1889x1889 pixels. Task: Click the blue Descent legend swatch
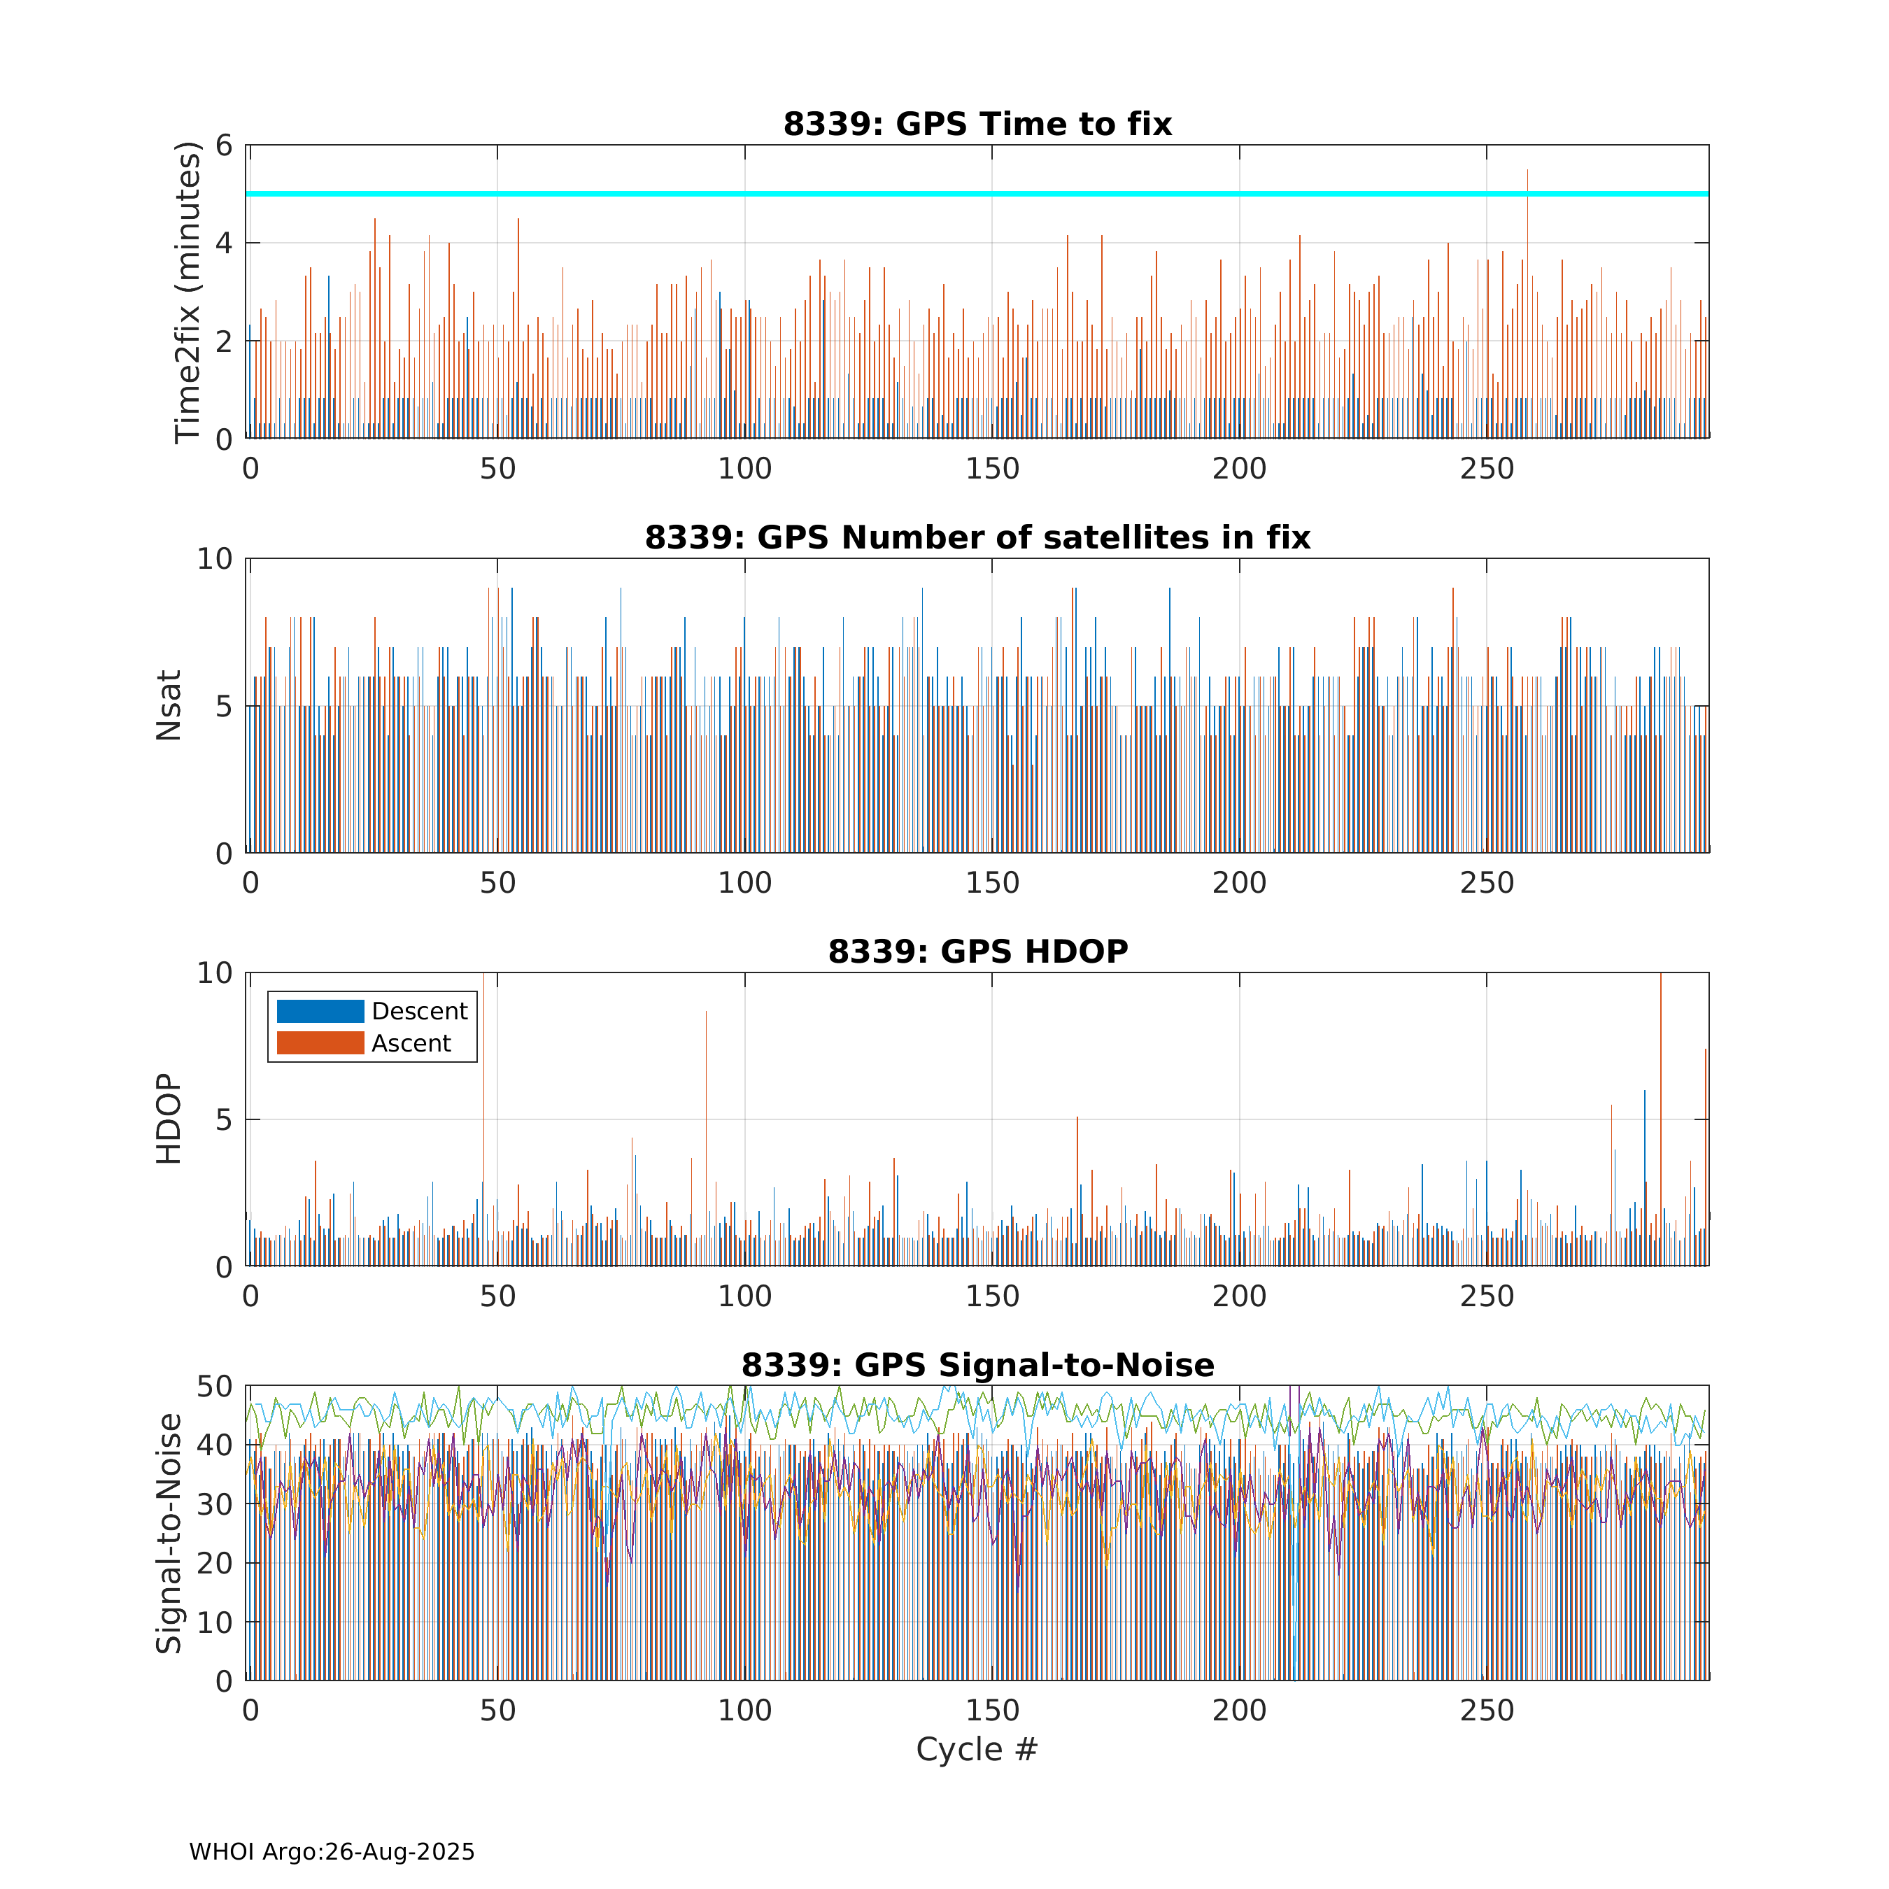coord(320,1011)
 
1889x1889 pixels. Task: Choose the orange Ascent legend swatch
coord(320,1043)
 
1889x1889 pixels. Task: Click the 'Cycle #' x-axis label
coord(976,1749)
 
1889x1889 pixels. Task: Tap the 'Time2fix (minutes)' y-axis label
coord(187,292)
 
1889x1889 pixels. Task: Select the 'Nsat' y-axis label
coord(169,706)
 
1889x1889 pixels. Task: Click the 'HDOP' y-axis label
coord(169,1119)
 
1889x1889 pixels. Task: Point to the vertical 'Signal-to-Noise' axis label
coord(169,1533)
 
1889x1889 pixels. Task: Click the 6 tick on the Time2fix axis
coord(224,146)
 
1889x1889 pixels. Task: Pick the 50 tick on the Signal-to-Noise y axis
coord(214,1387)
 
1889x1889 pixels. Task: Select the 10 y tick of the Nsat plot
coord(214,559)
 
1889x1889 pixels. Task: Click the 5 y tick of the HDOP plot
coord(224,1119)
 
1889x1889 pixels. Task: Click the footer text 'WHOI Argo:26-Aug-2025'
coord(332,1852)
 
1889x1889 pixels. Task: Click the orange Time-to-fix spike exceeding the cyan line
coord(1527,181)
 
